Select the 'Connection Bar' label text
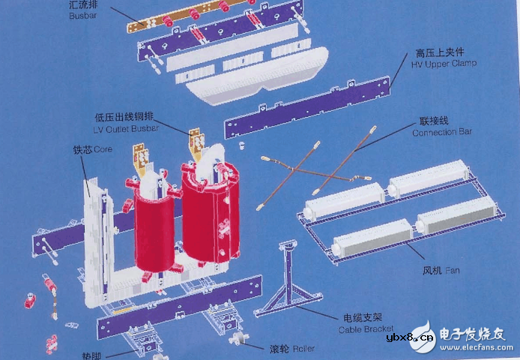coord(442,133)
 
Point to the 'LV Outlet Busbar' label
coord(127,130)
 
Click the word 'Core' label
coord(103,149)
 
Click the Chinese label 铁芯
coord(82,149)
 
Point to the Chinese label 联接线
coord(433,121)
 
